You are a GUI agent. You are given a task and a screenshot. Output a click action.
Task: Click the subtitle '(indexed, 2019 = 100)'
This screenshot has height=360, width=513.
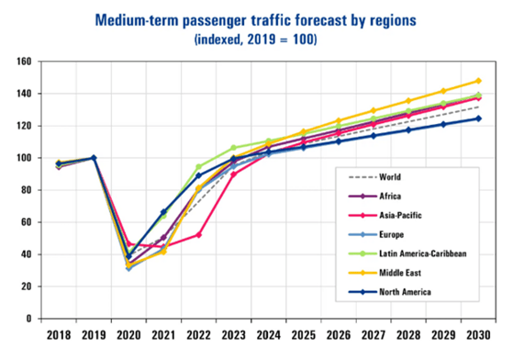point(256,39)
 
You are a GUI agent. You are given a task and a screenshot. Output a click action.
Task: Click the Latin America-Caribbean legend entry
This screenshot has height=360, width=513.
point(412,253)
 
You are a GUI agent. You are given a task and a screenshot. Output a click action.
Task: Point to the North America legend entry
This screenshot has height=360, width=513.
point(396,292)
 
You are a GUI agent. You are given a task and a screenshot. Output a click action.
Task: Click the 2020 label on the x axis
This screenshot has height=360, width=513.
point(128,334)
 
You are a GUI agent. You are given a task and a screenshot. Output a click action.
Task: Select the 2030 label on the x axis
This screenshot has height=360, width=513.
point(477,334)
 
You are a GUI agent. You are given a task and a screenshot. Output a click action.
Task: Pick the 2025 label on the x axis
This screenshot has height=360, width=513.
point(303,334)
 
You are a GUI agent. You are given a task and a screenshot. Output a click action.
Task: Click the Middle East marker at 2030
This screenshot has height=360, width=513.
point(477,81)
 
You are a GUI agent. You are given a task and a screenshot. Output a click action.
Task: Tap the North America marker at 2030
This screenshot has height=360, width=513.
point(477,118)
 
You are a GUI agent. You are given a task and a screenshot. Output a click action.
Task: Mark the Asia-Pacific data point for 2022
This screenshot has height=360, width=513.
point(198,235)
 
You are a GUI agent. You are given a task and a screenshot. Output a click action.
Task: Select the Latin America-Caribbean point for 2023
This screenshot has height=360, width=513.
point(233,148)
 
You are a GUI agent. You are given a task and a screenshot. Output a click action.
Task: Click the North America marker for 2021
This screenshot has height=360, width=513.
point(163,212)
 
